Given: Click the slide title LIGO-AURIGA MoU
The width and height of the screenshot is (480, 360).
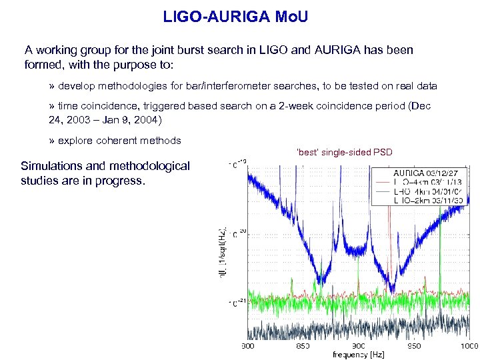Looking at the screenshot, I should click(x=235, y=17).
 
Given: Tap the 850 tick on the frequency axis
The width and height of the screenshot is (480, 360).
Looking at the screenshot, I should click(x=303, y=346).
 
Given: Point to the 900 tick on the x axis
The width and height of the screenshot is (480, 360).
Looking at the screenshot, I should click(x=359, y=346).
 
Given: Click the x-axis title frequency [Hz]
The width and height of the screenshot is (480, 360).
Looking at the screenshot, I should click(x=359, y=355).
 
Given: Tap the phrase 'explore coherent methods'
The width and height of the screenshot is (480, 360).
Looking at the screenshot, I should click(x=119, y=141).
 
